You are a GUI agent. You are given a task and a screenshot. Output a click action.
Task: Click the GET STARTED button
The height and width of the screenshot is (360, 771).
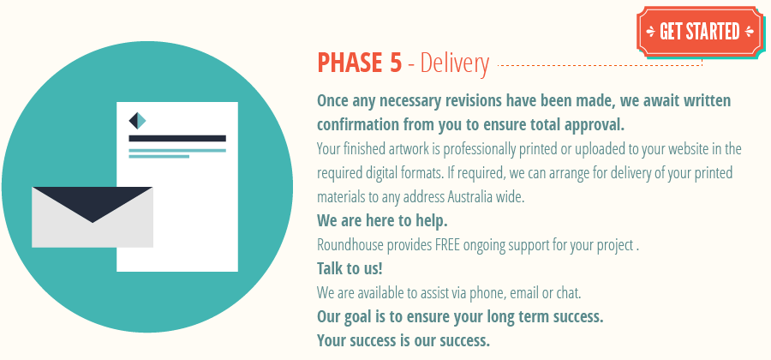coord(699,32)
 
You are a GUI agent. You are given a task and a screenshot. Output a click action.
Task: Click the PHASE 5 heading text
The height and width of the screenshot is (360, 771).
coord(359,63)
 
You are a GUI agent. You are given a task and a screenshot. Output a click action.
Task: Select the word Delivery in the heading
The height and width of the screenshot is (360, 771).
coord(455,63)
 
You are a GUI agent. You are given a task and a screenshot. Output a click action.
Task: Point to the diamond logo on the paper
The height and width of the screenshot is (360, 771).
coord(137,121)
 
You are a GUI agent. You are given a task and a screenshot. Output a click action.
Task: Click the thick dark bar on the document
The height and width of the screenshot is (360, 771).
coord(177,138)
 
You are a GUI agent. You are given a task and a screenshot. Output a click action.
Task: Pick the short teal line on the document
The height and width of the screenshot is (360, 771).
coord(158,157)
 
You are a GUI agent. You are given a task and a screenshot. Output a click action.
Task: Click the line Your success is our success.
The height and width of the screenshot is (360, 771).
coord(403,340)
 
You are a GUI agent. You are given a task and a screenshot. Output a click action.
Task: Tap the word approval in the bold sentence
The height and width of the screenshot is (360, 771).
coord(595,124)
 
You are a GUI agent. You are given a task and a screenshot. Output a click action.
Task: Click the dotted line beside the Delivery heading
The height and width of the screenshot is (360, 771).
coord(600,64)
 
